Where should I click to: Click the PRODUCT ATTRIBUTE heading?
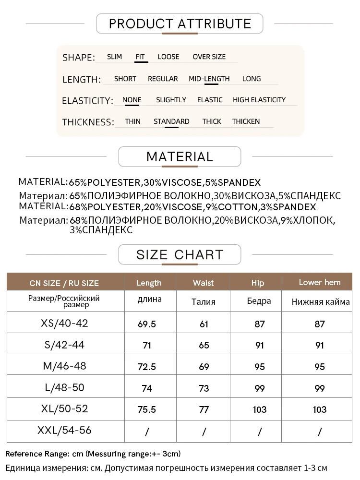[180, 24]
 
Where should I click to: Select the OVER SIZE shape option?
[209, 57]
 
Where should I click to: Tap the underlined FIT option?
[140, 57]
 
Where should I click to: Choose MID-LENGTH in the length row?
[209, 79]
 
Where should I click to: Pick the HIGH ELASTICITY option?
[259, 100]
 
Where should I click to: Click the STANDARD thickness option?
[171, 121]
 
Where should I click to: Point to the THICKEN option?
[246, 121]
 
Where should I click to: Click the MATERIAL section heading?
[180, 157]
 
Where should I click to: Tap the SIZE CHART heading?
[180, 254]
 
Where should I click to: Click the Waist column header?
[203, 283]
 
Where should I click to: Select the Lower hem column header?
[320, 282]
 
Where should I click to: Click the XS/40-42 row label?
[65, 323]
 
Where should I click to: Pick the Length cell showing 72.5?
[147, 367]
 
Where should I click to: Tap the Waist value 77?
[204, 409]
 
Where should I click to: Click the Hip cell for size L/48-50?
[260, 388]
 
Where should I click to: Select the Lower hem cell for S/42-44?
[320, 345]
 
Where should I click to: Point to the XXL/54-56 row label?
[65, 431]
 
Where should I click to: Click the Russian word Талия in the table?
[204, 302]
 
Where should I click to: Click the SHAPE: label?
[79, 58]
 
